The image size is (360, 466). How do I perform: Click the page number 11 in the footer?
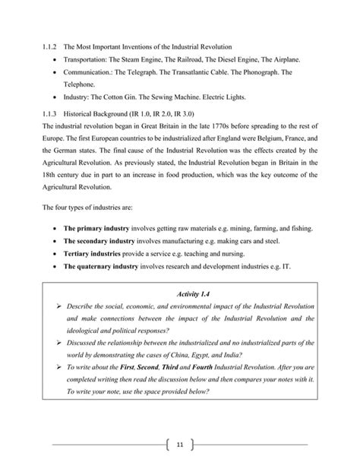point(179,444)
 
